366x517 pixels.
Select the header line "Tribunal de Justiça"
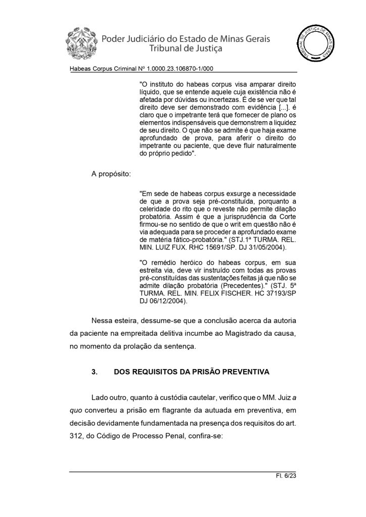tap(187, 49)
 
